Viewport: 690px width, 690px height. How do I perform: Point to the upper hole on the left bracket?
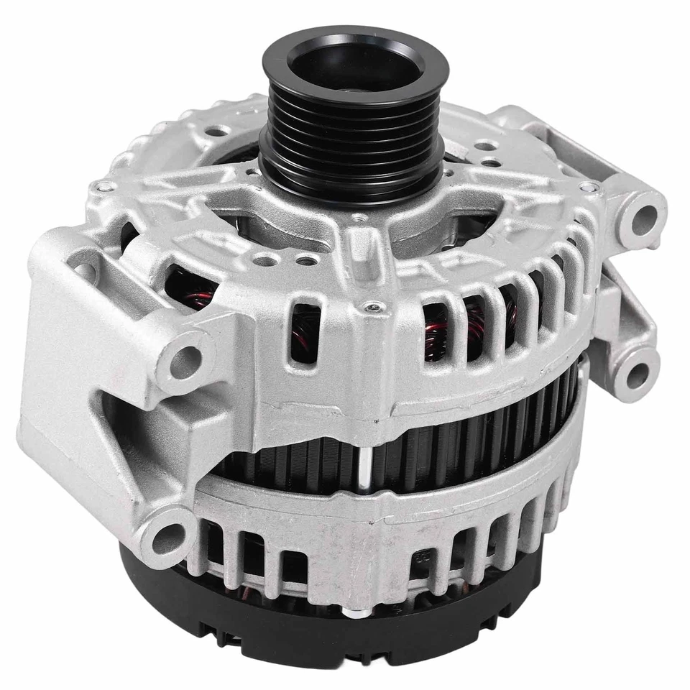click(x=185, y=357)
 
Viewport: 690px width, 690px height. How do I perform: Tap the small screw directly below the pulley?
click(x=357, y=216)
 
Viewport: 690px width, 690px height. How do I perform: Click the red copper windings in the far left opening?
click(x=190, y=287)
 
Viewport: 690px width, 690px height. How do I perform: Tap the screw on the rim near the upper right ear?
click(x=589, y=188)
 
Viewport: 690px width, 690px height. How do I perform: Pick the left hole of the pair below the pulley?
click(x=267, y=259)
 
